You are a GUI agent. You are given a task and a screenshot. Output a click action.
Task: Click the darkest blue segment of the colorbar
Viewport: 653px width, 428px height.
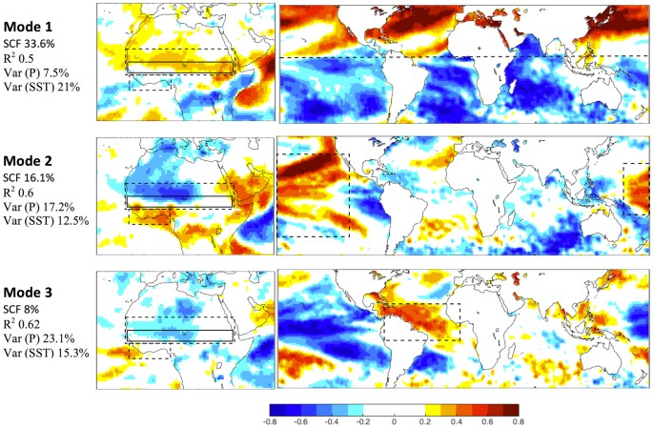click(279, 405)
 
